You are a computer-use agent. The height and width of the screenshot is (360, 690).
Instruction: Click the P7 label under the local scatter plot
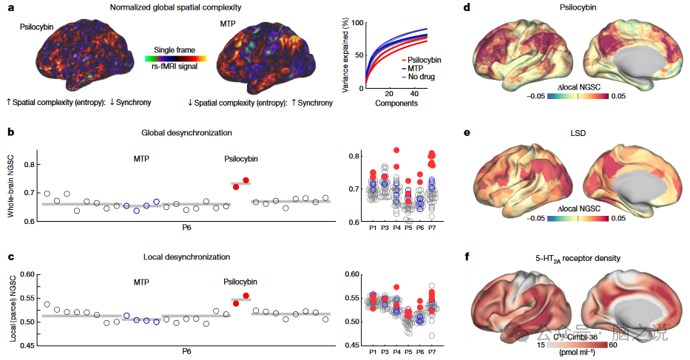[x=432, y=352]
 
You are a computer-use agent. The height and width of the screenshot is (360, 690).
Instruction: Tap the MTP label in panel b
[x=141, y=158]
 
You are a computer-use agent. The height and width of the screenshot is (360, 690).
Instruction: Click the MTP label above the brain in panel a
[x=231, y=25]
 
